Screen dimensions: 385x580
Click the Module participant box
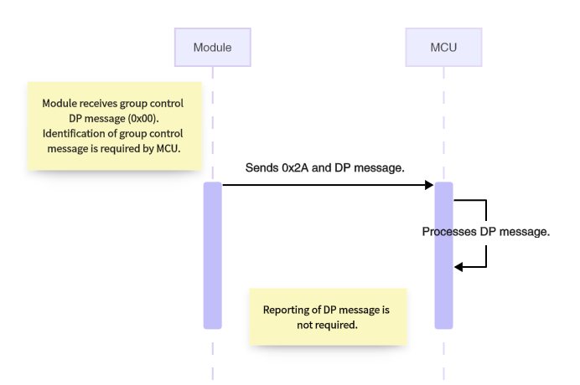pyautogui.click(x=212, y=47)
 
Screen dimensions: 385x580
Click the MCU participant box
pyautogui.click(x=443, y=47)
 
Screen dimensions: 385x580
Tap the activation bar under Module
pyautogui.click(x=212, y=255)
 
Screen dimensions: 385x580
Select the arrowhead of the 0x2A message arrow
pyautogui.click(x=428, y=184)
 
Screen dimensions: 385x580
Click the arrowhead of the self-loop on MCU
pyautogui.click(x=458, y=267)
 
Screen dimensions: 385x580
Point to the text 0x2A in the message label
pyautogui.click(x=300, y=168)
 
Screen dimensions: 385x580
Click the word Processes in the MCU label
pyautogui.click(x=450, y=232)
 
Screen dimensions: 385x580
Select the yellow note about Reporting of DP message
pyautogui.click(x=328, y=316)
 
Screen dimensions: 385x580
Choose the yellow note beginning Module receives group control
pyautogui.click(x=115, y=126)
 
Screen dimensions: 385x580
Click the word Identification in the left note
pyautogui.click(x=71, y=134)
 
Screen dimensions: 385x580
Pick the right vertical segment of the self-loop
pyautogui.click(x=486, y=234)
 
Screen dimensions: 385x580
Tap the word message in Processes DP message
pyautogui.click(x=526, y=232)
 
